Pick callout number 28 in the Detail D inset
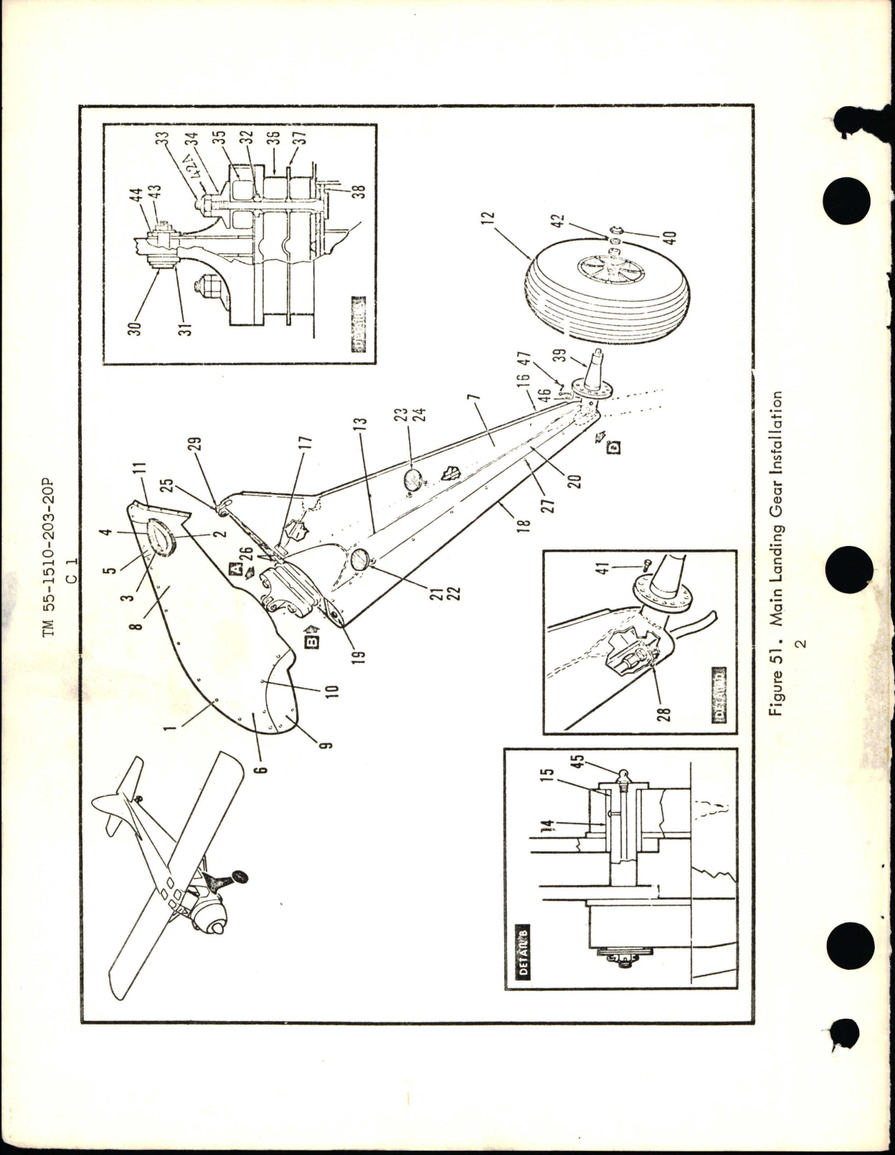coord(665,714)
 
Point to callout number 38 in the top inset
coord(356,193)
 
